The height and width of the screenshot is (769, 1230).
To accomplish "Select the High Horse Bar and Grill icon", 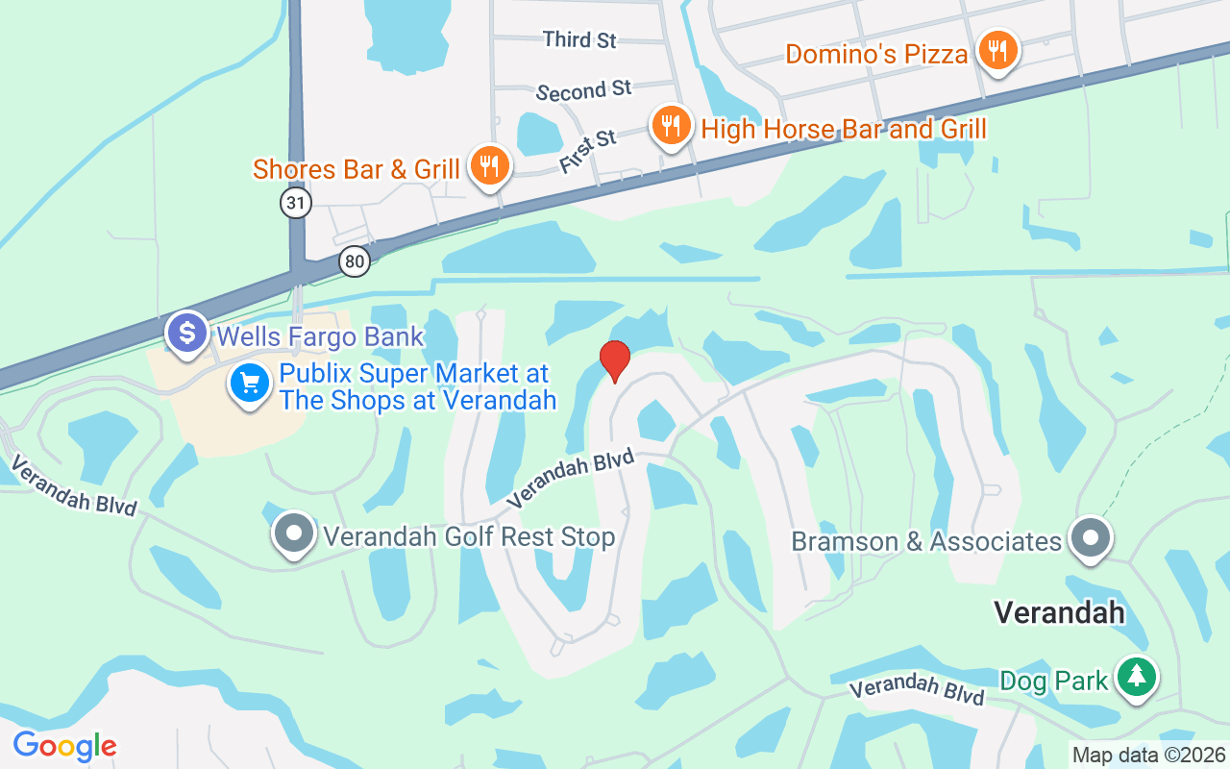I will pyautogui.click(x=671, y=125).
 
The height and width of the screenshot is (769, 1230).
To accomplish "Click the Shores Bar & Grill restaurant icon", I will pyautogui.click(x=490, y=165).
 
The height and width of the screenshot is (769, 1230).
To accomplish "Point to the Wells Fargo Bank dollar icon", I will pyautogui.click(x=187, y=333).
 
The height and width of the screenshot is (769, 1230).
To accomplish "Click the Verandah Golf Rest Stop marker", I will pyautogui.click(x=294, y=533).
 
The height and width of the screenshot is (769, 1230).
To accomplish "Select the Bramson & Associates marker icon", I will pyautogui.click(x=1091, y=537).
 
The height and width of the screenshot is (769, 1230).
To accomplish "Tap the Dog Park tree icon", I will pyautogui.click(x=1137, y=677).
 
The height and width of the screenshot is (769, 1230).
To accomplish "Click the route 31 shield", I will pyautogui.click(x=296, y=202).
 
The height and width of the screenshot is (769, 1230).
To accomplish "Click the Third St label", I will pyautogui.click(x=579, y=39).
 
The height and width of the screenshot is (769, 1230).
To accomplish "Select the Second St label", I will pyautogui.click(x=584, y=91).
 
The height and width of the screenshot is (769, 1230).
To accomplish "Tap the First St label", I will pyautogui.click(x=587, y=152).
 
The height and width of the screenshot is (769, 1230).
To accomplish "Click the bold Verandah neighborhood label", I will pyautogui.click(x=1059, y=611).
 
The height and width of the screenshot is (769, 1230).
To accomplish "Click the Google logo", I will pyautogui.click(x=64, y=745).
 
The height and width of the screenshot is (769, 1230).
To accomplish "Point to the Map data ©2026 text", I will pyautogui.click(x=1148, y=756).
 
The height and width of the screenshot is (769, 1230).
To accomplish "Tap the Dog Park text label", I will pyautogui.click(x=1054, y=682).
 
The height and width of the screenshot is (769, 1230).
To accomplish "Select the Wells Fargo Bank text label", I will pyautogui.click(x=320, y=336).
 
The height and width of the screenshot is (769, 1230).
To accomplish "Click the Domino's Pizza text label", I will pyautogui.click(x=876, y=54).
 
